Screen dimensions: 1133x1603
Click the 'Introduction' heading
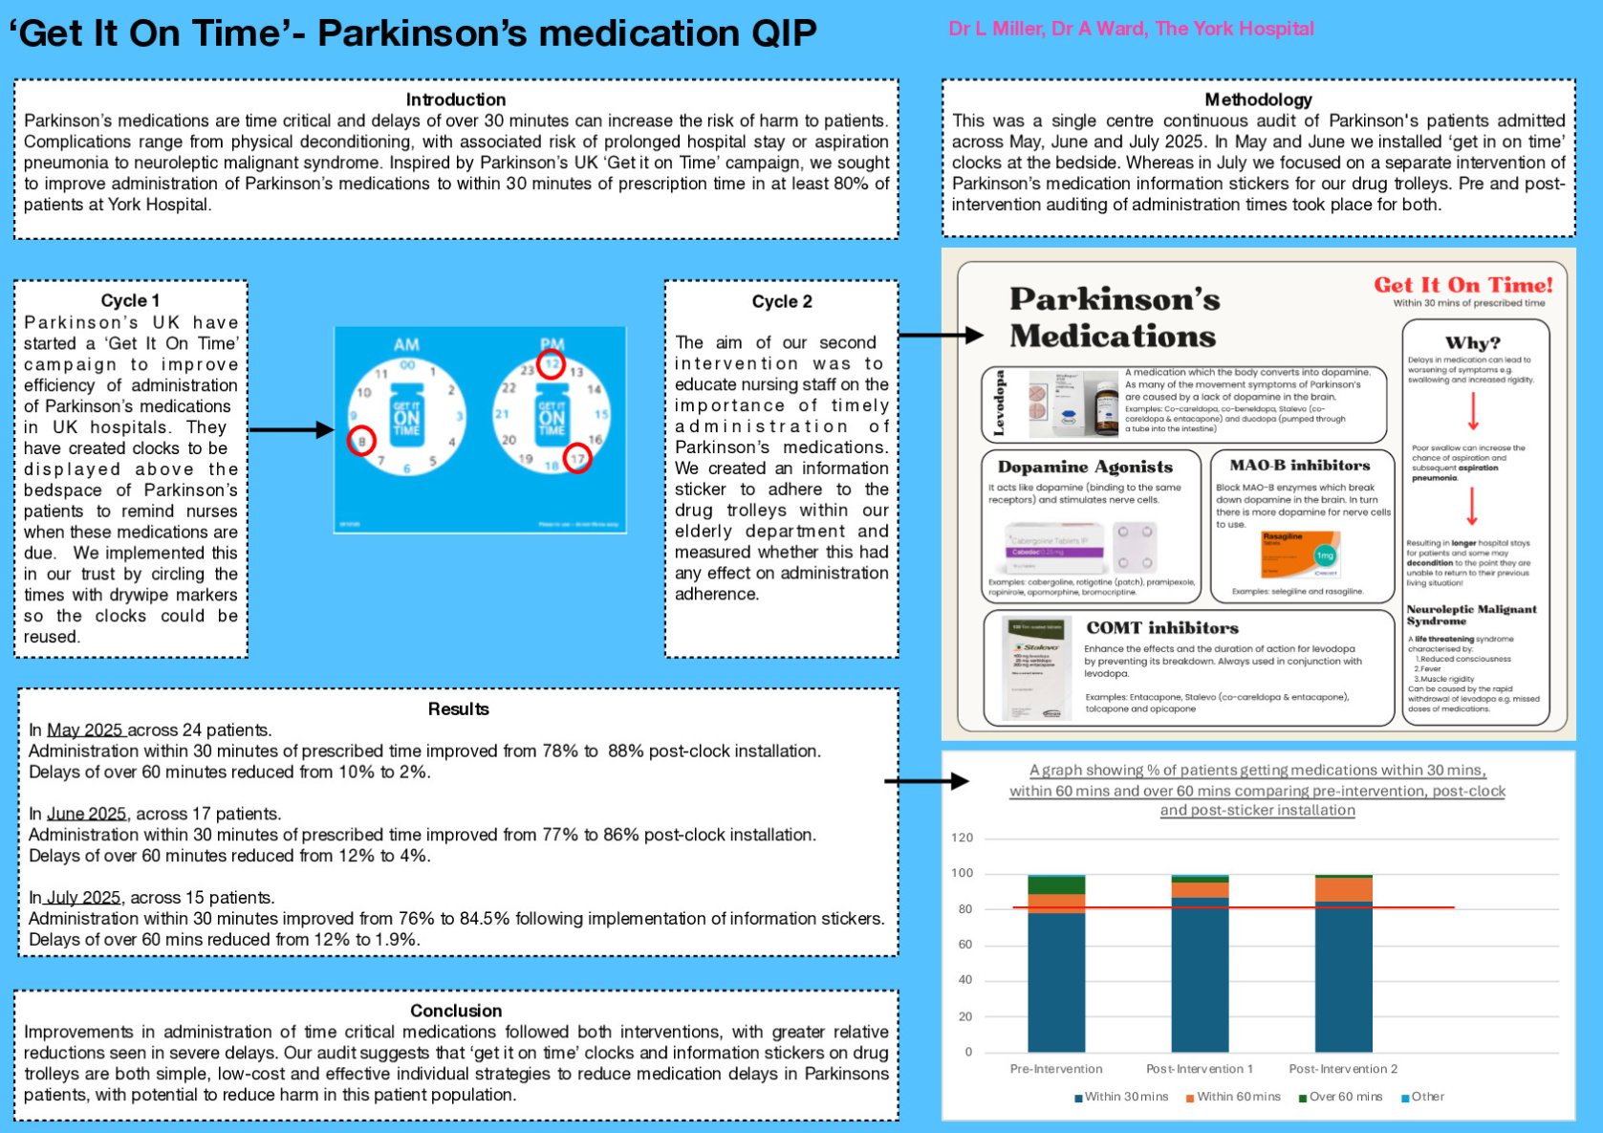(x=455, y=99)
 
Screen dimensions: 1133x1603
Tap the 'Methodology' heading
(x=1258, y=99)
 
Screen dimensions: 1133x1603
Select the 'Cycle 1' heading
(x=130, y=300)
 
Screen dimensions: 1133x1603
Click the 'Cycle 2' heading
(x=781, y=301)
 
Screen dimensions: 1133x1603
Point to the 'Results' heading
(x=458, y=708)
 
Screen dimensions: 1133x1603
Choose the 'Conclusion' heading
(x=455, y=1011)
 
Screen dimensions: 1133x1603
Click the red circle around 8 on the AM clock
(x=361, y=441)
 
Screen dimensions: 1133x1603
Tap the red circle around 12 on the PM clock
(x=551, y=364)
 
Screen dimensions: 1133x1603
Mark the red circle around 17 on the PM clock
(x=577, y=458)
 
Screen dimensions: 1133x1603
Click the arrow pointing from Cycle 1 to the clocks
(x=291, y=430)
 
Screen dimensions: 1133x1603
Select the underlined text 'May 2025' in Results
(x=86, y=730)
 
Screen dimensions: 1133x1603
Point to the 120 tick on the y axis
(x=962, y=838)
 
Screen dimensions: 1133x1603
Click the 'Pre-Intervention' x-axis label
(x=1055, y=1069)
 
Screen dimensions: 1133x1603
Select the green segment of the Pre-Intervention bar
(x=1056, y=884)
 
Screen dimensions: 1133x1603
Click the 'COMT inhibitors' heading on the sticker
(x=1161, y=628)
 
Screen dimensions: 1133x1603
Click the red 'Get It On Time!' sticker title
(x=1462, y=285)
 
